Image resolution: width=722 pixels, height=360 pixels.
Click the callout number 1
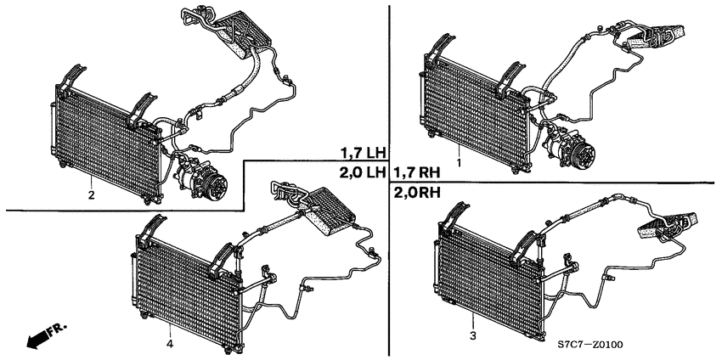point(459,162)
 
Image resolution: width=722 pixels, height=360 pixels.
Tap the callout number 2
point(91,195)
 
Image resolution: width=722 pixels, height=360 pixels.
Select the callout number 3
point(473,335)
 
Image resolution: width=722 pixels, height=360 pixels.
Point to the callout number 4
point(170,344)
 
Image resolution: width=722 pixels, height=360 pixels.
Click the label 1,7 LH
point(363,152)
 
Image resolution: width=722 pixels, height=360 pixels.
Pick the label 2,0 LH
point(363,172)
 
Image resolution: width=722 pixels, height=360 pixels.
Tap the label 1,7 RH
point(417,172)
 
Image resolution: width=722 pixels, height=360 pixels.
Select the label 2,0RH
point(417,193)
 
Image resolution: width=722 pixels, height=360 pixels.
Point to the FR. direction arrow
point(46,335)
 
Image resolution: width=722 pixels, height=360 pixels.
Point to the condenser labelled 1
point(474,111)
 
